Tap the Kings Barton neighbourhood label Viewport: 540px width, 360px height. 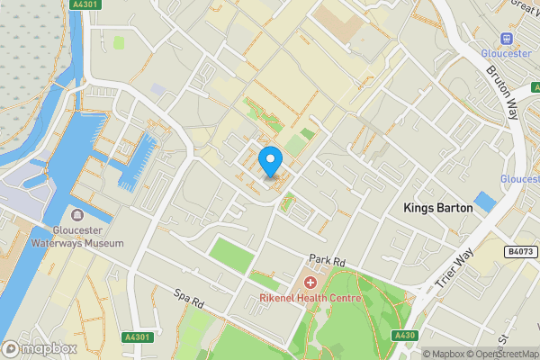point(438,208)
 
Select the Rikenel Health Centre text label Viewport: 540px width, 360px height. point(310,298)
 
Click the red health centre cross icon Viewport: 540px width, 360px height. point(310,283)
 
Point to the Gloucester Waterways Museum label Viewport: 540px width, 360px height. point(77,236)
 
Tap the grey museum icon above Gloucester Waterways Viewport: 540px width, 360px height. point(77,216)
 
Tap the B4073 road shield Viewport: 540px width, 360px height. point(520,252)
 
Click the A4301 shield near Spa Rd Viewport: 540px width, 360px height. point(135,337)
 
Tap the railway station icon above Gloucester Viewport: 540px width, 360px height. point(507,39)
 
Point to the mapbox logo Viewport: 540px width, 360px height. point(39,348)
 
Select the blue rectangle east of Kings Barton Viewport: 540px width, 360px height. point(484,202)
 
